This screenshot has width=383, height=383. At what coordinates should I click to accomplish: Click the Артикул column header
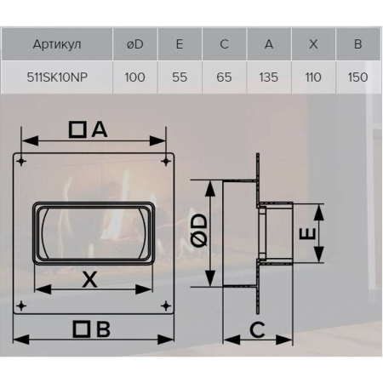(57, 44)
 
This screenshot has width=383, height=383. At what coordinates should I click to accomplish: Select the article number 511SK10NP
(57, 77)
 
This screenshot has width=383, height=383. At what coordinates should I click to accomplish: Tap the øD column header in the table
(134, 44)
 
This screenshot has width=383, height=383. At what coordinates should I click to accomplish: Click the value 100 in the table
(134, 77)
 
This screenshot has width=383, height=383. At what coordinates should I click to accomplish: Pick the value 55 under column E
(180, 77)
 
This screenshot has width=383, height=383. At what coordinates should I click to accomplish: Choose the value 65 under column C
(224, 77)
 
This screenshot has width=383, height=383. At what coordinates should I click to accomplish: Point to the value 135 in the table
(268, 77)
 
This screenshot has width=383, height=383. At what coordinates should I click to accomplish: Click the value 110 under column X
(313, 77)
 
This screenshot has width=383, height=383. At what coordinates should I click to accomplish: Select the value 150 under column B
(357, 77)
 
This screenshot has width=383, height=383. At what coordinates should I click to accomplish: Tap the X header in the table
(313, 44)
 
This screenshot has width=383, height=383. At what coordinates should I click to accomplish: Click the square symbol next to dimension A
(77, 130)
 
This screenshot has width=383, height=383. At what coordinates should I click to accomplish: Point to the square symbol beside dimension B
(82, 329)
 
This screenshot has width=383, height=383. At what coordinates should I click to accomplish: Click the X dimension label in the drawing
(89, 279)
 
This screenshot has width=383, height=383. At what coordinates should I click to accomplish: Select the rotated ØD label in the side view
(200, 230)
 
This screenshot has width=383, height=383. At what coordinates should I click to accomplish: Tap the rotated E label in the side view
(307, 233)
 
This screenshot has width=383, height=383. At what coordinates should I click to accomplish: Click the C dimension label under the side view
(257, 329)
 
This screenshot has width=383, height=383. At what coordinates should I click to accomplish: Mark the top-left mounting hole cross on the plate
(21, 162)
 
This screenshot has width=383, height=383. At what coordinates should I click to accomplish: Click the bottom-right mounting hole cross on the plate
(166, 306)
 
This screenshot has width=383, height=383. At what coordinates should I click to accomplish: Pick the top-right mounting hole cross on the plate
(166, 162)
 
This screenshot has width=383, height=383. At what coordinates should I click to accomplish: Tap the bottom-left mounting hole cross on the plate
(21, 306)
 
